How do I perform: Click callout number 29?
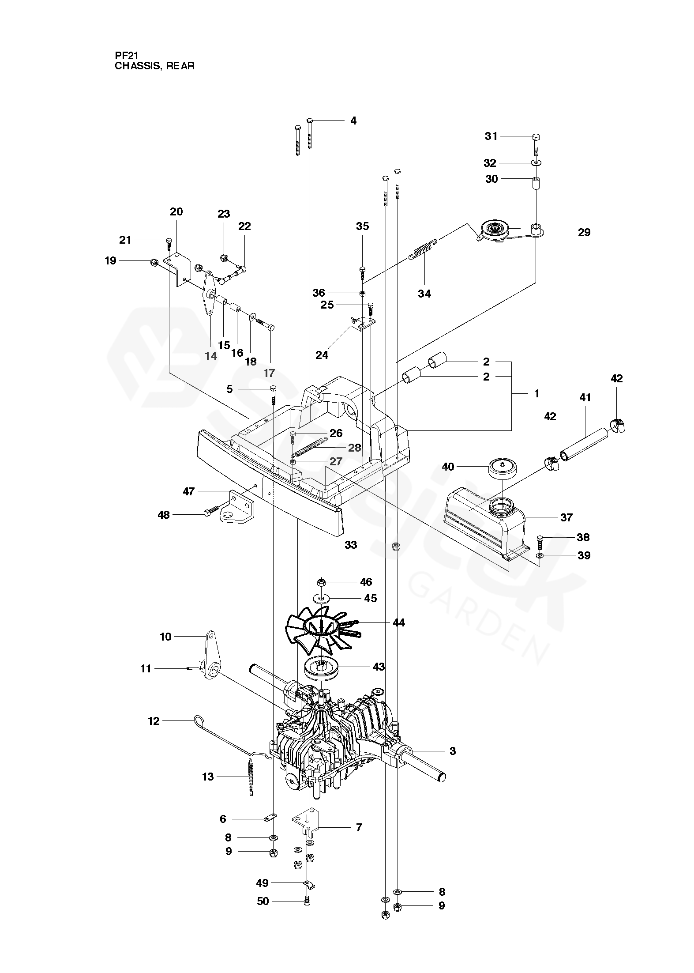point(584,233)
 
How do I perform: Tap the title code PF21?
point(127,56)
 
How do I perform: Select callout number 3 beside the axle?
point(452,751)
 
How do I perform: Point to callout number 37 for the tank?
point(566,517)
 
